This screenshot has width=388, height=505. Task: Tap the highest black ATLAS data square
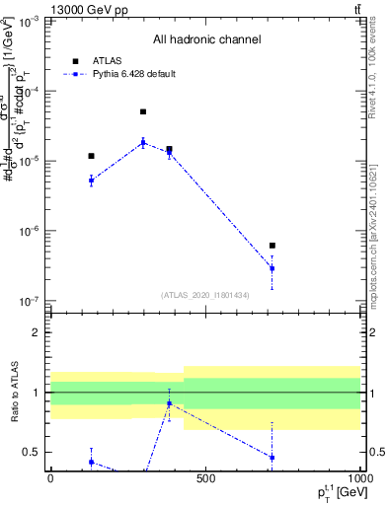[143, 112]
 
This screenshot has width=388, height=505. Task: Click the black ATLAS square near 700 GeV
[272, 246]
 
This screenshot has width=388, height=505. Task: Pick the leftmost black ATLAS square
[91, 156]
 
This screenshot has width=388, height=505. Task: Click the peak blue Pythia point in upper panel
[143, 142]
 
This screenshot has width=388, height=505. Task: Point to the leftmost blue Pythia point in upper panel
[91, 180]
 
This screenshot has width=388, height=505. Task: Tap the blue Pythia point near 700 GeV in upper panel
[272, 268]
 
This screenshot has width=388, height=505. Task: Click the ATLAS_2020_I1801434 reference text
[205, 295]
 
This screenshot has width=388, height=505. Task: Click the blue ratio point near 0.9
[169, 403]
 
